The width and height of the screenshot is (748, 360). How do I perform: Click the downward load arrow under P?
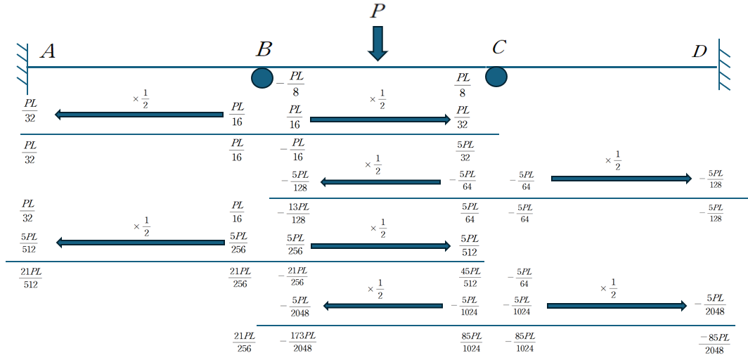point(378,44)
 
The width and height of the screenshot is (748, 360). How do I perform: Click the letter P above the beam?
point(378,11)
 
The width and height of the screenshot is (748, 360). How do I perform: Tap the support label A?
point(48,51)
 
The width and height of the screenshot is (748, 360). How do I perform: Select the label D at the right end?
point(699,51)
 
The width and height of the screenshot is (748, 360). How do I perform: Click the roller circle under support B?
point(262,78)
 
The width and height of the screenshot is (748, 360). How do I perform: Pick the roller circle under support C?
point(496,76)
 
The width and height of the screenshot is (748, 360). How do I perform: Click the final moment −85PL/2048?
point(714,343)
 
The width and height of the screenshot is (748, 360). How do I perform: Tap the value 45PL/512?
point(471,277)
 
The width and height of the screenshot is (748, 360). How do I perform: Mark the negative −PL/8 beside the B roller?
point(291,83)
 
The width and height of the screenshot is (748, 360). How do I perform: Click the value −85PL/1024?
point(520,342)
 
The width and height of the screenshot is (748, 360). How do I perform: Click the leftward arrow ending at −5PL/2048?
point(382,305)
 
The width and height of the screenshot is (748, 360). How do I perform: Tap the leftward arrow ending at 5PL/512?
point(140,243)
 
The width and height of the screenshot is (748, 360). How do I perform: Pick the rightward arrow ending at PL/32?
point(380,120)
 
